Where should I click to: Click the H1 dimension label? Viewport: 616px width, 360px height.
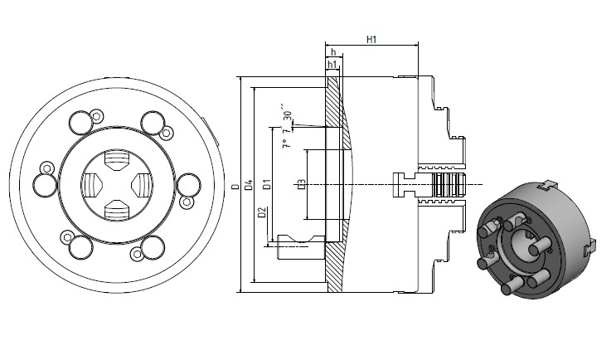click(371, 39)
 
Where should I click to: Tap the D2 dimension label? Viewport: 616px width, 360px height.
click(262, 214)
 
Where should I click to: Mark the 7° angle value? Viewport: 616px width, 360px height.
click(285, 142)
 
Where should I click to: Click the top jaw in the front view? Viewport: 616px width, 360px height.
click(116, 158)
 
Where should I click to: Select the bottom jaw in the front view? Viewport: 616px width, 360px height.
click(116, 210)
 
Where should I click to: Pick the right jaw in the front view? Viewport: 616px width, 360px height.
click(142, 184)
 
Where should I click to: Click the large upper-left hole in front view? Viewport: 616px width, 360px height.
click(80, 122)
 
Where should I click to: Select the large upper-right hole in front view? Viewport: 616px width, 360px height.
click(152, 122)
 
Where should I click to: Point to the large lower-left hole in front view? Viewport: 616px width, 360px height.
click(80, 246)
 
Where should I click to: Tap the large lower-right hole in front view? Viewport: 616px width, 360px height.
click(152, 246)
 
